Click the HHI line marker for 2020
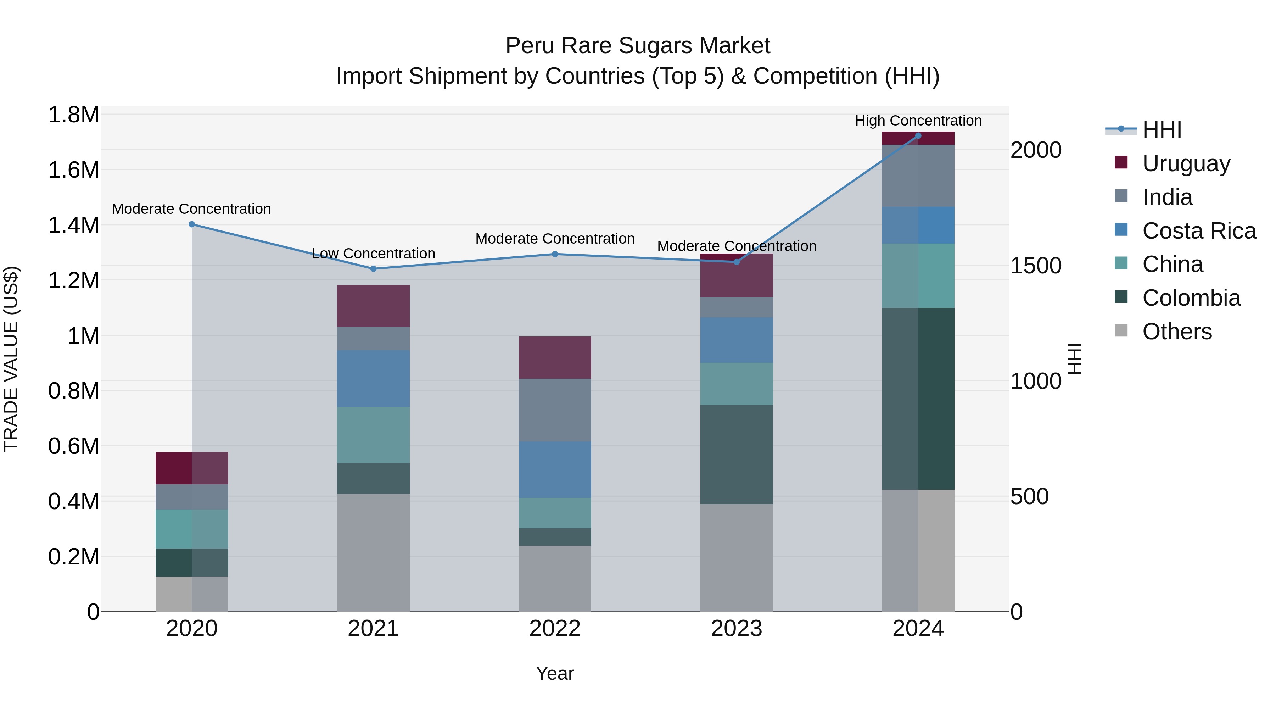(192, 224)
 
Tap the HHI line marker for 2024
(918, 136)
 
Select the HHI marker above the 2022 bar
(555, 254)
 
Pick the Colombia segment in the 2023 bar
(736, 455)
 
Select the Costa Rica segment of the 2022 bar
(555, 469)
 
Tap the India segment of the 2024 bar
(918, 176)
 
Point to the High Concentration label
(918, 121)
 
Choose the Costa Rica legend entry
(1199, 231)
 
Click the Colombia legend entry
(1191, 298)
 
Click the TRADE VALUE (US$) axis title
(11, 359)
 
